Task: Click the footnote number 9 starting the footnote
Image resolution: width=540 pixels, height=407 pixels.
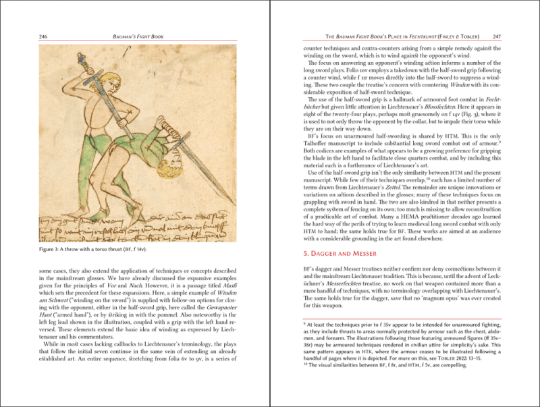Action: pyautogui.click(x=305, y=324)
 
